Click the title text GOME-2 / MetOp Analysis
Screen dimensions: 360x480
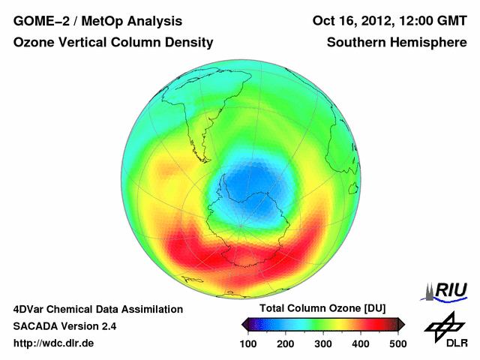click(97, 21)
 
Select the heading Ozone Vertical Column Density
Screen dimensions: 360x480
click(113, 43)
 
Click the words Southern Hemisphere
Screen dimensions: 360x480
click(397, 43)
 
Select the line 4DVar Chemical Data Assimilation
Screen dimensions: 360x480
click(97, 309)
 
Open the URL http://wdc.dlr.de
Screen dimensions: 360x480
click(54, 343)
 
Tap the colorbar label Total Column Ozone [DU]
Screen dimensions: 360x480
click(322, 309)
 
